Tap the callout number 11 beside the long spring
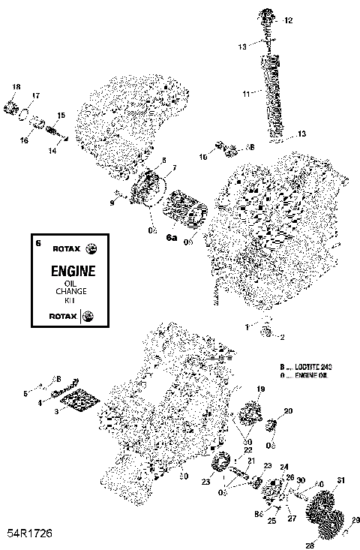[x=245, y=94]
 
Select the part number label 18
[x=16, y=88]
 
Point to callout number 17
[x=35, y=96]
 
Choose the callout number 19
[x=262, y=389]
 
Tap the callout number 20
[x=289, y=411]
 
